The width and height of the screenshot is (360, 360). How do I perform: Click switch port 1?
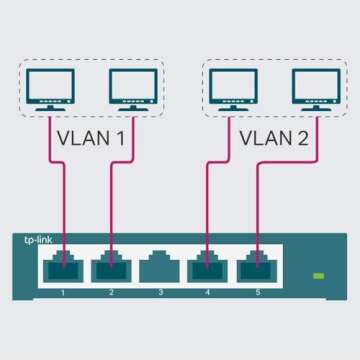coord(62,267)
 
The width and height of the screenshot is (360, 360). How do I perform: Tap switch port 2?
coord(111,267)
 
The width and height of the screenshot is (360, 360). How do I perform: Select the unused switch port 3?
coord(159,267)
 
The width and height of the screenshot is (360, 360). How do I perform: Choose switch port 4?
coord(208,267)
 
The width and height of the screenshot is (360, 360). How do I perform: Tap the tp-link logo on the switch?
coord(37,239)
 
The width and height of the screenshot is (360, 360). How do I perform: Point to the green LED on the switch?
coord(320,275)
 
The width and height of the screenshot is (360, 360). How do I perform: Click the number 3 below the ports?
coord(159,292)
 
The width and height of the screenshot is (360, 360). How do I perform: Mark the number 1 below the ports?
coord(62,292)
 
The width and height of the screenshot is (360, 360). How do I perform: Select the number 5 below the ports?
coord(257,292)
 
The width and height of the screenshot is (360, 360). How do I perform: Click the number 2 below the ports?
coord(111,292)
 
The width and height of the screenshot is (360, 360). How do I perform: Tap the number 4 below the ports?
coord(208,292)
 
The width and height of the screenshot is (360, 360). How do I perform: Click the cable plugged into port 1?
coord(65,200)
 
